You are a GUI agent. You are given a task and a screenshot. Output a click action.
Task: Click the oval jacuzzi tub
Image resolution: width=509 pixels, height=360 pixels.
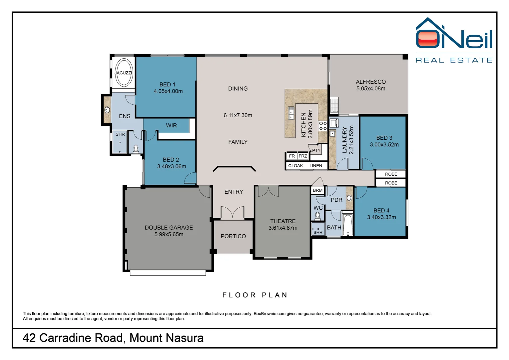click(124, 73)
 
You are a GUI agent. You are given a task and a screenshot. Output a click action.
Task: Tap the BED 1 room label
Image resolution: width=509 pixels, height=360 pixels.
click(168, 85)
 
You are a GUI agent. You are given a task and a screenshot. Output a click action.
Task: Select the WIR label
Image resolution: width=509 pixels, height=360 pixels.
click(171, 125)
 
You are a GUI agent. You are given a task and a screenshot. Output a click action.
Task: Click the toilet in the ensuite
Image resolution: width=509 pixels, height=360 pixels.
click(136, 149)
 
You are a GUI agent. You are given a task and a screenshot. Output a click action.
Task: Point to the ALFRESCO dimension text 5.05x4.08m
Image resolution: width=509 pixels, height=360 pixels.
click(371, 88)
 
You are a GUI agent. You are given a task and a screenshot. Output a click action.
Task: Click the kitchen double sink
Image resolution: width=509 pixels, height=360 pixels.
click(291, 113)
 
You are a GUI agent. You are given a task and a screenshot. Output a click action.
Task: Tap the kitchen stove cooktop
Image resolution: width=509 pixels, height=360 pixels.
click(323, 126)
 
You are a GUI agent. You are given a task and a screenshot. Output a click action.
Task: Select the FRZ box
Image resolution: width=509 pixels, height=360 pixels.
click(303, 156)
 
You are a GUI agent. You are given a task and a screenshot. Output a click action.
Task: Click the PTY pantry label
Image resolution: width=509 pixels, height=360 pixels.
click(316, 150)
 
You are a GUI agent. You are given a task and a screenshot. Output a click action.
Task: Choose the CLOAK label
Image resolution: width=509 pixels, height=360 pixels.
click(295, 166)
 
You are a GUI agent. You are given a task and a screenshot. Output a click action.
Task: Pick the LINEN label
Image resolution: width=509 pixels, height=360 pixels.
click(315, 166)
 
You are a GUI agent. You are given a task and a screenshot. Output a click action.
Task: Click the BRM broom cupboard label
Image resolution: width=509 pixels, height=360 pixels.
click(317, 190)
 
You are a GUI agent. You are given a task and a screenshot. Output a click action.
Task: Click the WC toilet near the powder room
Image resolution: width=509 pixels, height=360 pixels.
click(318, 216)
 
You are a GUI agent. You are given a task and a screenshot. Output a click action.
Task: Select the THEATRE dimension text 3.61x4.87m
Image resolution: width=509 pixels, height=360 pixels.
click(283, 228)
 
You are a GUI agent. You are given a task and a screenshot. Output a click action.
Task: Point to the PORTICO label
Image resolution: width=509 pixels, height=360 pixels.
click(233, 236)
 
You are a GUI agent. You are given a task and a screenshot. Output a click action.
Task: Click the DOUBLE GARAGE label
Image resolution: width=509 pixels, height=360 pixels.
click(169, 228)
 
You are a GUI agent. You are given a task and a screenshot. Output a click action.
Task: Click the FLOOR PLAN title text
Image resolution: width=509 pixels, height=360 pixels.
click(255, 295)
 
